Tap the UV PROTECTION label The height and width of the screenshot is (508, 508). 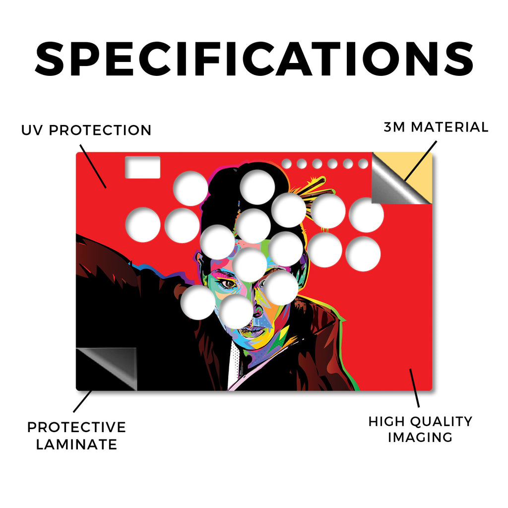click(86, 130)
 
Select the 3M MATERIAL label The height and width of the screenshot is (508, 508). click(436, 127)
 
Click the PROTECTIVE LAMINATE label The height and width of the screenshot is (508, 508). click(76, 436)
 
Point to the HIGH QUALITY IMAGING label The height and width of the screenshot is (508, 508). click(420, 429)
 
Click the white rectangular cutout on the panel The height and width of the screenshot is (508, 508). click(142, 167)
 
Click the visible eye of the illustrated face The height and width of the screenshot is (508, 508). click(229, 284)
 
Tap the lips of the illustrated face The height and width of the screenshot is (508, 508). click(255, 331)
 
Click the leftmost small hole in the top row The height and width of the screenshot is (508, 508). click(286, 164)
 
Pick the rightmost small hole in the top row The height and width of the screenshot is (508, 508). click(363, 164)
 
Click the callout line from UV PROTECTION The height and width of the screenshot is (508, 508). click(93, 166)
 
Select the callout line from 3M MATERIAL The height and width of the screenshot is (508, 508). click(421, 161)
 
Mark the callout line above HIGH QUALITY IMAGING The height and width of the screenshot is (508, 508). click(414, 388)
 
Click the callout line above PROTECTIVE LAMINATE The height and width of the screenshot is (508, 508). click(83, 401)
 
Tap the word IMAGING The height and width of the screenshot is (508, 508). click(420, 438)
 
